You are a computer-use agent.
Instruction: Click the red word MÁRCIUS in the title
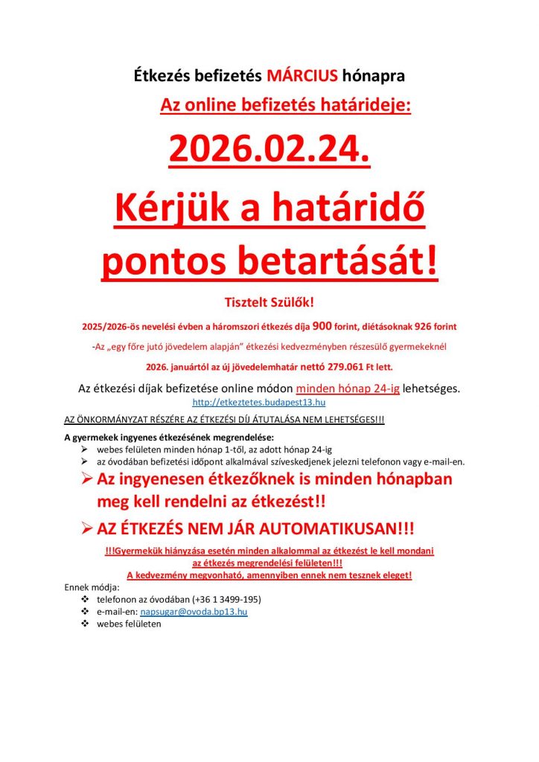click(302, 75)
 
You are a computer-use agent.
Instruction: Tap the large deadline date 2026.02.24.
click(269, 149)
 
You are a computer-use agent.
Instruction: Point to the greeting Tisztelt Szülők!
click(269, 302)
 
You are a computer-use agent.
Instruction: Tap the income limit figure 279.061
click(337, 367)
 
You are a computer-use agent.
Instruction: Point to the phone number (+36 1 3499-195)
click(226, 598)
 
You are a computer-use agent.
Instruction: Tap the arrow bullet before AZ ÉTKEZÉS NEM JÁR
click(86, 529)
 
